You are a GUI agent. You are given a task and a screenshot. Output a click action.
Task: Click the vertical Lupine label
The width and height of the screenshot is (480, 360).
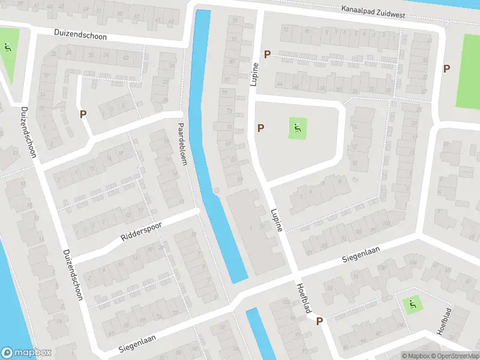(255, 73)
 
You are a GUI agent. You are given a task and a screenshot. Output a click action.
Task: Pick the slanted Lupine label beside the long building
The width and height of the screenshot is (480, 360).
(277, 220)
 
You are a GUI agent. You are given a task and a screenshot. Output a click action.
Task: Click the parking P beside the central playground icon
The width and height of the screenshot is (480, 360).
(260, 128)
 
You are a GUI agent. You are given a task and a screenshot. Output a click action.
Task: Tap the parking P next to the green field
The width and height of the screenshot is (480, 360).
(446, 68)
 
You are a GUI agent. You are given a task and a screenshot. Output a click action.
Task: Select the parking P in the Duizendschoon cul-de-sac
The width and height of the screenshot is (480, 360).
(83, 113)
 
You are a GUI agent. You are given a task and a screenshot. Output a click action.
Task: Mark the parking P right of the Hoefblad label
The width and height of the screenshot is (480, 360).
(319, 322)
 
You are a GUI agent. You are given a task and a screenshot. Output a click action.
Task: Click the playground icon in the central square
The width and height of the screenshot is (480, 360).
(296, 127)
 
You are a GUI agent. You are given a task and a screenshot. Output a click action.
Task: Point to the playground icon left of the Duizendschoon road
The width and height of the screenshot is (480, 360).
(7, 47)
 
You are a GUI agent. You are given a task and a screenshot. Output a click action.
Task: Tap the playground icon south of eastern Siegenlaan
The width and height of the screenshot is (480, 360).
(412, 305)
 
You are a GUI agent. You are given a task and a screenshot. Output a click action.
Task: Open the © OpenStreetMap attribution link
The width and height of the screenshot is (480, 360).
(453, 356)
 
